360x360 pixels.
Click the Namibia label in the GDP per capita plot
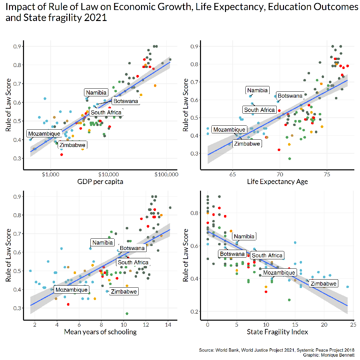point(96,93)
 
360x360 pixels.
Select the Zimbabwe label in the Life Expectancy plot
point(247,144)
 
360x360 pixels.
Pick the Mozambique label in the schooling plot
point(71,290)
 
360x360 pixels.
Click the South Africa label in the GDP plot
point(106,113)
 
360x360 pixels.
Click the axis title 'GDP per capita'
point(100,182)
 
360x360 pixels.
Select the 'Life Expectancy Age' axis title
point(277,182)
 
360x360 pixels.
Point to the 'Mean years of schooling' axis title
point(100,332)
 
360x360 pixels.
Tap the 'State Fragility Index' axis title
point(277,332)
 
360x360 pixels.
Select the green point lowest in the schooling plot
point(127,314)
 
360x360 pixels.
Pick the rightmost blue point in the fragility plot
point(347,287)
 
